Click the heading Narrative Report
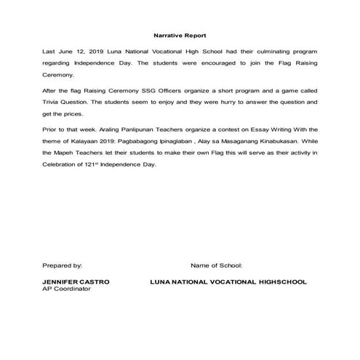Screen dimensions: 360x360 pyautogui.click(x=180, y=35)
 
